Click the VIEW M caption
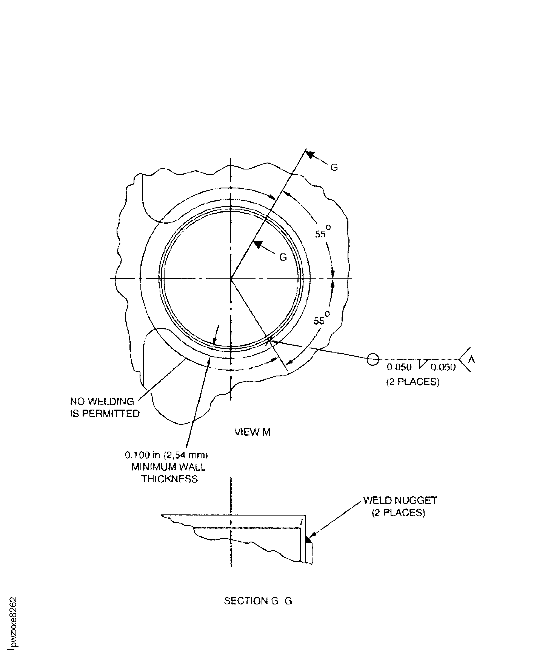click(252, 432)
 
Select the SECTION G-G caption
click(258, 609)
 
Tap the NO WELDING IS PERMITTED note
click(105, 407)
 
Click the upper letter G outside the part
click(334, 168)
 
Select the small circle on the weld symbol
click(373, 359)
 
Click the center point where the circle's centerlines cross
click(231, 278)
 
